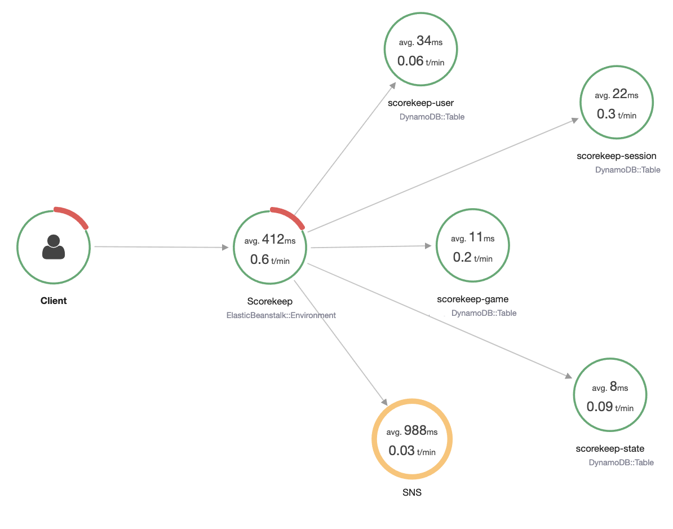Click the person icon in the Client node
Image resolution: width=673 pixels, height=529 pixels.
click(54, 247)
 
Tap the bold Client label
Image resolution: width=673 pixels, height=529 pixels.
click(54, 301)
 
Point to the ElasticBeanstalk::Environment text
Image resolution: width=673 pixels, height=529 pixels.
click(281, 315)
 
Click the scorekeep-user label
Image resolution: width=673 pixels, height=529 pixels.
click(420, 103)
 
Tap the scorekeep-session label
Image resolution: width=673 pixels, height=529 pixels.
click(616, 156)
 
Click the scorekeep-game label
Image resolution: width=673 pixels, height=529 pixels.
click(468, 299)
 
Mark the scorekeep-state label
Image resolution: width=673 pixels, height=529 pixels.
click(610, 448)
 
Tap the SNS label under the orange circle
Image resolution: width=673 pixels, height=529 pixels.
click(412, 492)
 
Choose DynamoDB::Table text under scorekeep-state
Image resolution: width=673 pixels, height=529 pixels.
click(621, 462)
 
